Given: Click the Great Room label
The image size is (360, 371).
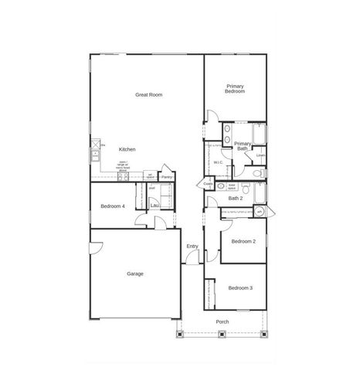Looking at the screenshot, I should pyautogui.click(x=148, y=95).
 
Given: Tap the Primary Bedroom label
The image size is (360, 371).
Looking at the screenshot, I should pyautogui.click(x=235, y=89).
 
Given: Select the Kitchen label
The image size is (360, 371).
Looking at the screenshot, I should pyautogui.click(x=127, y=148).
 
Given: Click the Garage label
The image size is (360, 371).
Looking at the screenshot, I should pyautogui.click(x=135, y=274).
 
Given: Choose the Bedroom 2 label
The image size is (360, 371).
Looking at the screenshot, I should pyautogui.click(x=243, y=241).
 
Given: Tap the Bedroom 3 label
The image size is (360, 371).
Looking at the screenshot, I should pyautogui.click(x=239, y=288).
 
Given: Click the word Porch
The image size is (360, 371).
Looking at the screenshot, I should pyautogui.click(x=222, y=322).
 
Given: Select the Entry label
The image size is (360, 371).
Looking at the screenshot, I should pyautogui.click(x=192, y=247).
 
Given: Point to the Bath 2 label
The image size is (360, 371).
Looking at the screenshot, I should pyautogui.click(x=236, y=199).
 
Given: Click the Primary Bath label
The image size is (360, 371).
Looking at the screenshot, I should pyautogui.click(x=243, y=145).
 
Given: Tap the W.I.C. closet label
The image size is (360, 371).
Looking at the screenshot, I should pyautogui.click(x=218, y=162).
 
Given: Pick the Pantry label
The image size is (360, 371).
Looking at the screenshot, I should pyautogui.click(x=167, y=177).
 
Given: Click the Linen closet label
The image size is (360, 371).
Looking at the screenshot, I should pyautogui.click(x=260, y=155).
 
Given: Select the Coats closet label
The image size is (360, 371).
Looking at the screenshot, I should pyautogui.click(x=208, y=184).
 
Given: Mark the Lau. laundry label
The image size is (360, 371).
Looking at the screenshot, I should pyautogui.click(x=155, y=205).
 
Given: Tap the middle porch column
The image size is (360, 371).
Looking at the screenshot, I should pyautogui.click(x=222, y=335).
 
